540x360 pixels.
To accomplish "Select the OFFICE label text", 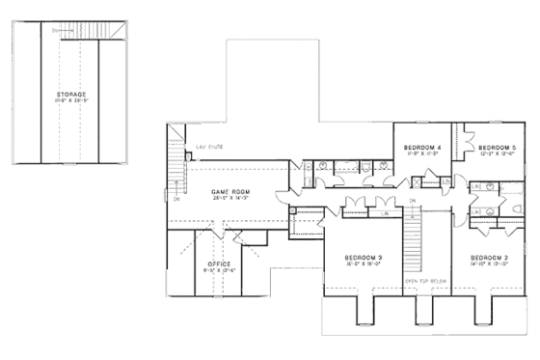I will [x=219, y=263].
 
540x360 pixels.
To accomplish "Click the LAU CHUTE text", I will [x=209, y=147].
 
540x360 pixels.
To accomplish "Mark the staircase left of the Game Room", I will [x=175, y=159].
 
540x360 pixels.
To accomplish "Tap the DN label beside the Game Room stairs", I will [x=176, y=200].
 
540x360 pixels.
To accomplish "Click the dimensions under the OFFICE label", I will [x=219, y=269].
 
